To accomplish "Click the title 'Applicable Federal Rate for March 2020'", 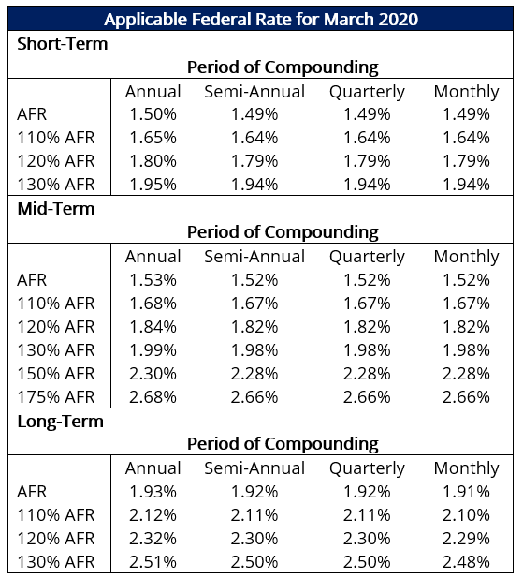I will (261, 19).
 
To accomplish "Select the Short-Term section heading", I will (63, 43).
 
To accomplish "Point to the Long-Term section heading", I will (61, 421).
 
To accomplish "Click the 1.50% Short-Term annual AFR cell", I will (153, 114).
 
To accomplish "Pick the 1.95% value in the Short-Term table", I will (153, 185).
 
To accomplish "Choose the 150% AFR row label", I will (56, 373).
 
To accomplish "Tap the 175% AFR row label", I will (56, 396).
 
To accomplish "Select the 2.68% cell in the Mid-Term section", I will (153, 396).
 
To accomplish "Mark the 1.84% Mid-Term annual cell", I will (153, 326).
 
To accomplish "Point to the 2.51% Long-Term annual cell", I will (153, 561).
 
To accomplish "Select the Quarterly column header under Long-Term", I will (367, 468).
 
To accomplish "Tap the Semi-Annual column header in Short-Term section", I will (254, 91).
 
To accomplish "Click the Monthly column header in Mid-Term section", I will (466, 256).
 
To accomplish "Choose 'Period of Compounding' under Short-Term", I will (283, 67).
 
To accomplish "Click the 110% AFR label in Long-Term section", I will (56, 514).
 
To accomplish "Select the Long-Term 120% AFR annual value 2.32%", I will (153, 538).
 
